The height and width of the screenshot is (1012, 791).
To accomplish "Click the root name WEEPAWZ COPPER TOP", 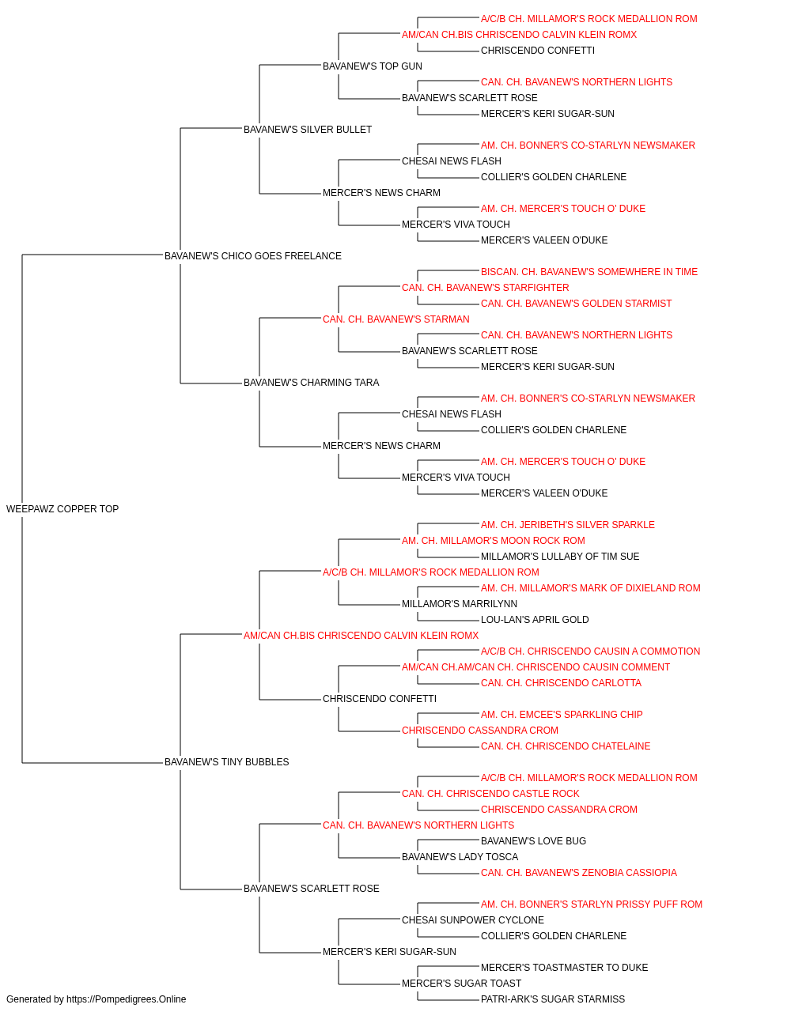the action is click(62, 509).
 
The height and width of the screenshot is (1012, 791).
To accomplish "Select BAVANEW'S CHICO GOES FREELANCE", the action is click(253, 256).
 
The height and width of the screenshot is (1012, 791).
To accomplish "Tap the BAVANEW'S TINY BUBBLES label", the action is click(226, 762).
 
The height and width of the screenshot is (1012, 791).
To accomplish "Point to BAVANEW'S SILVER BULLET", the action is click(308, 130).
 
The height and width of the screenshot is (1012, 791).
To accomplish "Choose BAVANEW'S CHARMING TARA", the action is click(311, 383).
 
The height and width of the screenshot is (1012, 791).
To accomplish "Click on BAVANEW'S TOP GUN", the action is click(373, 66).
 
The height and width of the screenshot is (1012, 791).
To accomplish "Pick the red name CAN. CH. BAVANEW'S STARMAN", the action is click(396, 319).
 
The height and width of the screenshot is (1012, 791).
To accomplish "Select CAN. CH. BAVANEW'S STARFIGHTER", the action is click(486, 288).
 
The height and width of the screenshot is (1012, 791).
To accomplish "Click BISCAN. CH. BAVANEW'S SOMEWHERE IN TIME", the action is click(589, 272).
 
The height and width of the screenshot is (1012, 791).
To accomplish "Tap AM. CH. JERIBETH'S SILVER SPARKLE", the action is click(567, 525).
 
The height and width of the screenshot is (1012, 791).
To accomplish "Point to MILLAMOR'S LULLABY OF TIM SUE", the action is click(560, 557).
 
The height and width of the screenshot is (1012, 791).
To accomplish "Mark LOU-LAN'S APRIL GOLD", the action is click(535, 620).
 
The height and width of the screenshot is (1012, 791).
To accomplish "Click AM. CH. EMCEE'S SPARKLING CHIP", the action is click(562, 715).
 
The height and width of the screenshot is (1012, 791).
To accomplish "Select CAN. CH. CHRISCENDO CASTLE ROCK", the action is click(490, 794).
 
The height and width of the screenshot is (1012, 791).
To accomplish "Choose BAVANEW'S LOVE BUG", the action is click(533, 841).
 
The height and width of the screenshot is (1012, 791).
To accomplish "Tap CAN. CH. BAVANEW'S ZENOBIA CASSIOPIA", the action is click(578, 873).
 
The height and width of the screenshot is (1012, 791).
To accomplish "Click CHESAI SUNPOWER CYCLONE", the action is click(473, 920).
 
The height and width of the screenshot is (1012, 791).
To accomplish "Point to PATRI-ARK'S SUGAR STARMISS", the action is click(553, 999).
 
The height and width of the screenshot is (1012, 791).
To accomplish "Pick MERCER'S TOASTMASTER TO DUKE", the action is click(564, 967).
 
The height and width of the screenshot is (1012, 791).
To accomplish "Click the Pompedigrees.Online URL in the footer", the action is click(126, 999).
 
